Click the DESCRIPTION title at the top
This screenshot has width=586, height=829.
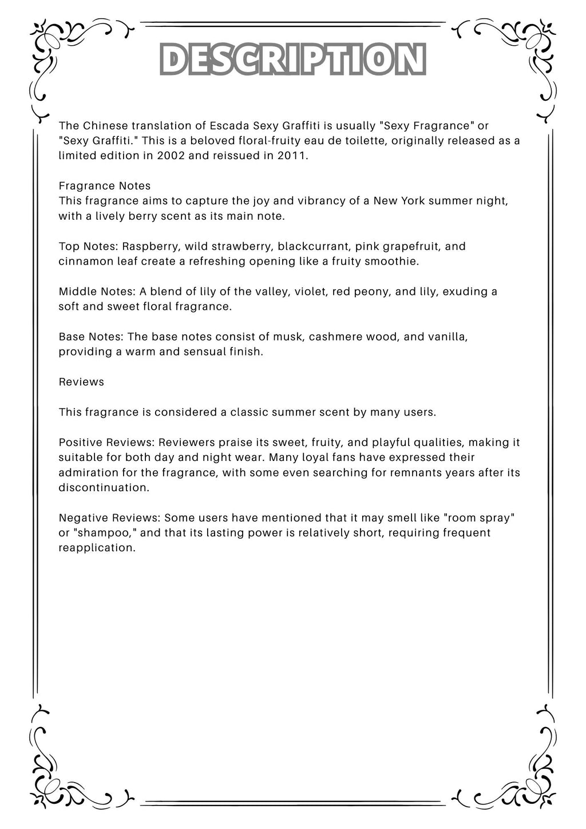coord(293,60)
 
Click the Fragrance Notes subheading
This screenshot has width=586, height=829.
coord(105,186)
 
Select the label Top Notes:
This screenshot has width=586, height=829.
coord(88,246)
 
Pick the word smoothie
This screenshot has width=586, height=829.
coord(394,261)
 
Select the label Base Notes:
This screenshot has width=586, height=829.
coord(92,336)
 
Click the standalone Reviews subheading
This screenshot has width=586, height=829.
coord(81,381)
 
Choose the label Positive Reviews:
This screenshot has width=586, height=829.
coord(107,443)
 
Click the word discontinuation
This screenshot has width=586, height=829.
coord(103,487)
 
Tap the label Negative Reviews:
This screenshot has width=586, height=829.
coord(110,518)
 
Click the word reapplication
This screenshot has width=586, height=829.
coord(97,547)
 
